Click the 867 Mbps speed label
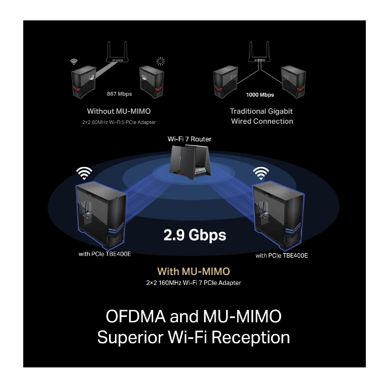[x=119, y=94]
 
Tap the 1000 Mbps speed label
[x=260, y=95]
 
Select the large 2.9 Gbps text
[x=195, y=235]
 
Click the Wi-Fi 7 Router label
[x=189, y=139]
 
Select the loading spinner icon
[x=160, y=61]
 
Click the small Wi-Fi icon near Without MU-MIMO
[x=74, y=62]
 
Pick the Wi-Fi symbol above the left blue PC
[x=84, y=173]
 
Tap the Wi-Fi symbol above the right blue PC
[x=261, y=173]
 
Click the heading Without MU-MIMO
[x=119, y=111]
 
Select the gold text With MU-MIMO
[x=193, y=271]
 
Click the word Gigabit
[x=280, y=111]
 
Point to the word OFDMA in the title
[x=136, y=316]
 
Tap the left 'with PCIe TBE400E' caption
[x=105, y=254]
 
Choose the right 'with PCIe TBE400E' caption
[x=282, y=255]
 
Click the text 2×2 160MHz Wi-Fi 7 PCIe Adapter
[x=193, y=283]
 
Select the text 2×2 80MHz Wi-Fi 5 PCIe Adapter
[x=119, y=122]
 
